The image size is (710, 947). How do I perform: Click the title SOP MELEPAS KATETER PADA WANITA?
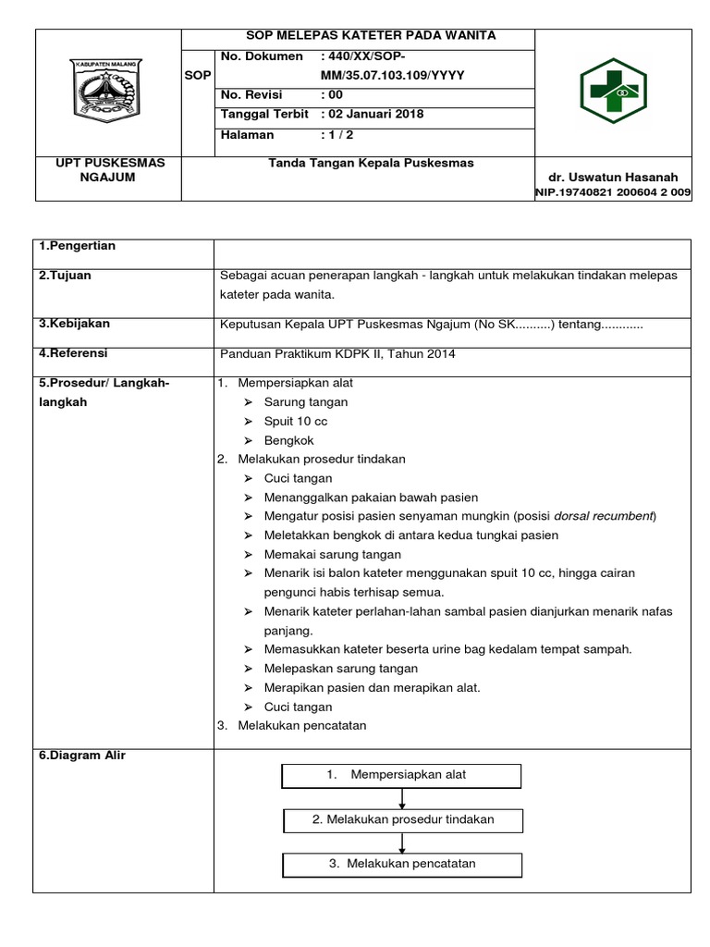(x=357, y=35)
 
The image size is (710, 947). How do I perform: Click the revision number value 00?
(x=331, y=95)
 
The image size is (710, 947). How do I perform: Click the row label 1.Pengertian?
(x=77, y=246)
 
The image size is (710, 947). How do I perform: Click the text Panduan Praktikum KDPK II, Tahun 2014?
(x=337, y=353)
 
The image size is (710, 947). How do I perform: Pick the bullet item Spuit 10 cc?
(x=295, y=421)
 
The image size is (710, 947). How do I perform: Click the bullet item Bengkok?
(x=288, y=440)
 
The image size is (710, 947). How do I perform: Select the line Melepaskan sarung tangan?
(x=340, y=668)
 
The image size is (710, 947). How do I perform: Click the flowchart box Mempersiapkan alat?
(x=402, y=775)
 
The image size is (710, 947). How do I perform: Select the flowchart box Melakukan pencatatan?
(x=402, y=864)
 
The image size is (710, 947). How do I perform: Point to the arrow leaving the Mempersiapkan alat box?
(x=402, y=798)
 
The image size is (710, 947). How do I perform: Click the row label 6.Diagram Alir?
(x=82, y=756)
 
